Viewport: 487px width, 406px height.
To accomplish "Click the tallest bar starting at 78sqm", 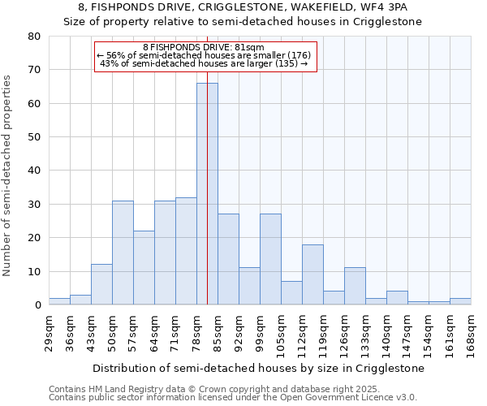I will (x=207, y=194).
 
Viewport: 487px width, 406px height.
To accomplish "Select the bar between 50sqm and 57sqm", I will (x=123, y=253).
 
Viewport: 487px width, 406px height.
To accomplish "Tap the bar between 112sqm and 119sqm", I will (x=312, y=274).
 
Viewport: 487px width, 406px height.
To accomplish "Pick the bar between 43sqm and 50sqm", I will (x=101, y=284).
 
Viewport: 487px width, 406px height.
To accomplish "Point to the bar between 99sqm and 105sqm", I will (x=270, y=259).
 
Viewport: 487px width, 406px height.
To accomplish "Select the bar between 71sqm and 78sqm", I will (x=186, y=251).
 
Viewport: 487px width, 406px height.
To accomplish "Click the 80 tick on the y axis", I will (x=33, y=37).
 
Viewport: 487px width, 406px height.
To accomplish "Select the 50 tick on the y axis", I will (x=33, y=137).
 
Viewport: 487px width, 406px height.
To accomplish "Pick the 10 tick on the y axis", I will (x=33, y=271).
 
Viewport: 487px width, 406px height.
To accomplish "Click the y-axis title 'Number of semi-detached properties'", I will (x=8, y=175).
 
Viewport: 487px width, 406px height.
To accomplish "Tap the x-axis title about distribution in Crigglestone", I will (x=257, y=368).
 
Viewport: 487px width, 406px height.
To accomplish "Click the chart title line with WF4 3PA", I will (x=242, y=7).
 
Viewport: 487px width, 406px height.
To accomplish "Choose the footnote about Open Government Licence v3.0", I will (x=233, y=398).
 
